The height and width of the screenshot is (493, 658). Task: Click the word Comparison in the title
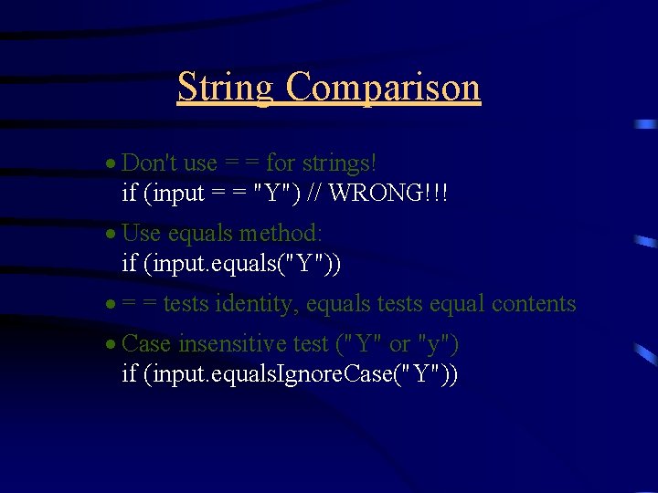click(383, 88)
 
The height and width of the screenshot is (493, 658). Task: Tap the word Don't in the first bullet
click(150, 163)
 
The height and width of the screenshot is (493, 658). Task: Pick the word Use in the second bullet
click(141, 234)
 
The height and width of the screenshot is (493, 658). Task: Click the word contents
click(534, 304)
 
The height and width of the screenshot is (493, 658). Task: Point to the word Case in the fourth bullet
click(146, 344)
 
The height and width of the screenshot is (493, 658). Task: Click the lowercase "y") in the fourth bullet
click(438, 344)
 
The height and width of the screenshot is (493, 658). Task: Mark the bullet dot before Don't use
click(110, 164)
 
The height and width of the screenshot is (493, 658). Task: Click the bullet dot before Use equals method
click(110, 235)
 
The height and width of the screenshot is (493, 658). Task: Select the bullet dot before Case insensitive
click(110, 345)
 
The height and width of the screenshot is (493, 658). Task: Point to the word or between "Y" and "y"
click(399, 345)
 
